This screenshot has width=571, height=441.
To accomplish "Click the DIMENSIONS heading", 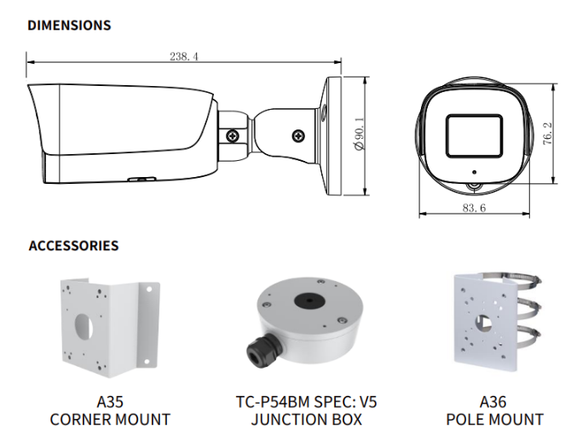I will pyautogui.click(x=69, y=26).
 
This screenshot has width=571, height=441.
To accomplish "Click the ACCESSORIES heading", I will pyautogui.click(x=73, y=246).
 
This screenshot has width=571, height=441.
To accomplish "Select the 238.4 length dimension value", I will pyautogui.click(x=183, y=57).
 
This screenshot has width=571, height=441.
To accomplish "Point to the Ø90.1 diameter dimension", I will pyautogui.click(x=358, y=134).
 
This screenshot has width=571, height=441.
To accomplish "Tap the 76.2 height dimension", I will pyautogui.click(x=546, y=134).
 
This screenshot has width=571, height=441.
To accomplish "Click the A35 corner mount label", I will pyautogui.click(x=110, y=402).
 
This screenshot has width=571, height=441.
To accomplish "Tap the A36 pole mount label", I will pyautogui.click(x=494, y=402).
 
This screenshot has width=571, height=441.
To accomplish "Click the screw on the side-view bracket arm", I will pyautogui.click(x=298, y=135).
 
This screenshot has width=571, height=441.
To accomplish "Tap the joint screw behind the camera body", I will pyautogui.click(x=232, y=135).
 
